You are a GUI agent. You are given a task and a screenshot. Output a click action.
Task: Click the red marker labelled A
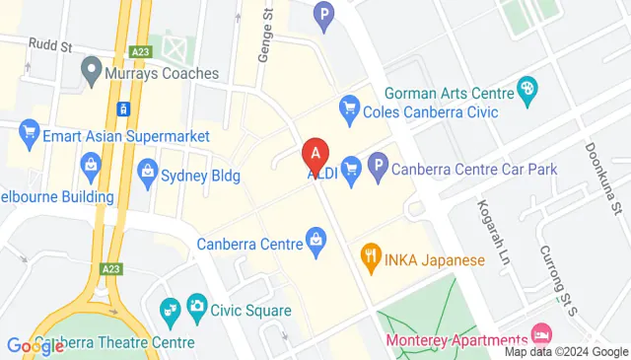[x=315, y=154]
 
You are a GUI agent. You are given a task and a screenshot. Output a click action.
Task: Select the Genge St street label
[x=264, y=38]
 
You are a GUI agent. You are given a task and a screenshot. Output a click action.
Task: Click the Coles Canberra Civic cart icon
[x=348, y=108]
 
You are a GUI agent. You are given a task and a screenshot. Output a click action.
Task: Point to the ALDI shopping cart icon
[x=350, y=169]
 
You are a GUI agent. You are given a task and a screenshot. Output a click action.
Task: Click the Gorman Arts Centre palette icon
[x=527, y=91]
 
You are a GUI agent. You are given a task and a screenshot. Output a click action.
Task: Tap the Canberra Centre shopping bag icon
[x=315, y=238]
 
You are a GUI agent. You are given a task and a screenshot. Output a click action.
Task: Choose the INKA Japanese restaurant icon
[x=371, y=260]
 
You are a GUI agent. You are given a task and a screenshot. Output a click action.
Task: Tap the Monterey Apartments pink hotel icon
[x=540, y=333]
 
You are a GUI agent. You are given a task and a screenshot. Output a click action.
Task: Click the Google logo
[x=36, y=345]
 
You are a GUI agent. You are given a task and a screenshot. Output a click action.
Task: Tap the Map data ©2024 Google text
[x=566, y=352]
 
